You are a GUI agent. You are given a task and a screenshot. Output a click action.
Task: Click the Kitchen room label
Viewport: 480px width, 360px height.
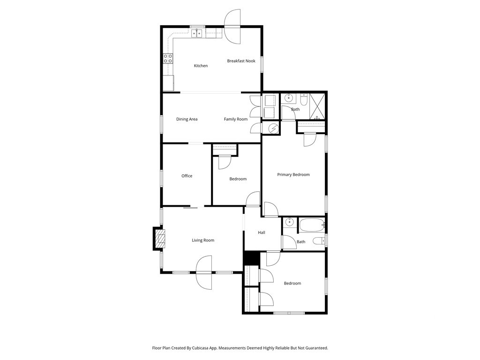coord(201,66)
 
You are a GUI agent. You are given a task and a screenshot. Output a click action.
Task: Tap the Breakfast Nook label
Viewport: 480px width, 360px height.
coord(241,61)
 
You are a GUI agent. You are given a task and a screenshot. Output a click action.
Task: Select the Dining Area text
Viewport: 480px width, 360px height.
coord(187,120)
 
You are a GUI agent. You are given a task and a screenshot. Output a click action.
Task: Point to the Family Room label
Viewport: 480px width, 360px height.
coord(236,120)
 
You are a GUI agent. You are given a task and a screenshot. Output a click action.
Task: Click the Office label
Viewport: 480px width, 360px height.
coord(187,176)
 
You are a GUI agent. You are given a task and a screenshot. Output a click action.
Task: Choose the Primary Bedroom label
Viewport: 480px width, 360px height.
coord(293,175)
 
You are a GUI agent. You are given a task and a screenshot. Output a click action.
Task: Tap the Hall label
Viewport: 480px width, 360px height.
coord(262,232)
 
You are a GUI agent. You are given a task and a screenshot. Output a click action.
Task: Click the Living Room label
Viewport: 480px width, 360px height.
coord(203,240)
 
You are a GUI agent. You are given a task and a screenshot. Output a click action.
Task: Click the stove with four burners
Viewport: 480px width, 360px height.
coord(168,59)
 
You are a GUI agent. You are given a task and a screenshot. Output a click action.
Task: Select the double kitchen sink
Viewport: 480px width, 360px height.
coord(197,33)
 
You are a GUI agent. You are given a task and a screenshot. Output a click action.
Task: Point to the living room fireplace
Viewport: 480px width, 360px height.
coord(159,239)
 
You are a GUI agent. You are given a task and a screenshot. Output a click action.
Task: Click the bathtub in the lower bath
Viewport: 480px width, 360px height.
coord(312,225)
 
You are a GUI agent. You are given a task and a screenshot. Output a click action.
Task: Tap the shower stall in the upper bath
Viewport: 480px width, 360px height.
coord(317,106)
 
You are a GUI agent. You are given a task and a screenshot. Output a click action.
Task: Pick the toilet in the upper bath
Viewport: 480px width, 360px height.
coord(303,99)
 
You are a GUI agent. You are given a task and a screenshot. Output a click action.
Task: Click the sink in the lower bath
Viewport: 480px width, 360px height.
coord(289,222)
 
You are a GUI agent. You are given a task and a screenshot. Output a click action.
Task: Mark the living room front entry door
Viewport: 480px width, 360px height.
coord(204,272)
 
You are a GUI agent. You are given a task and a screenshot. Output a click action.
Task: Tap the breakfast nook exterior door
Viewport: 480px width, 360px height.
coord(232,26)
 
